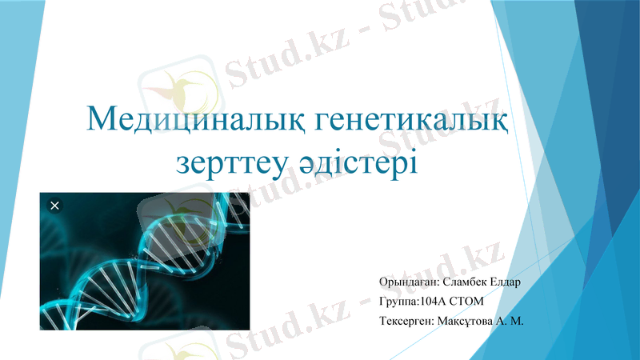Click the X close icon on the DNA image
click(54, 206)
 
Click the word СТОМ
click(467, 302)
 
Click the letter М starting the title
click(100, 121)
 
